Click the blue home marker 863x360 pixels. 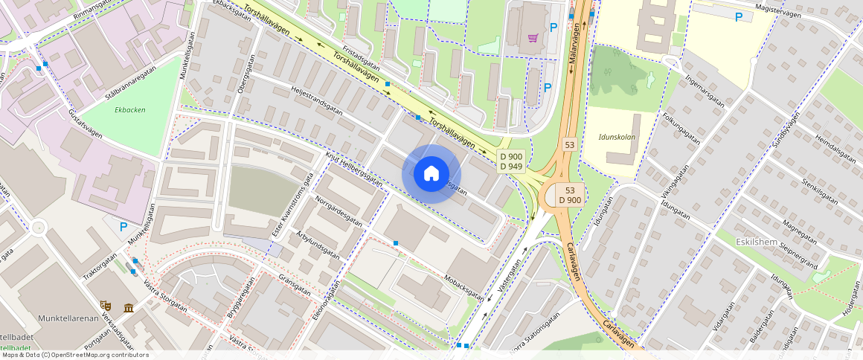tap(431, 174)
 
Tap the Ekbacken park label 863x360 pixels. tap(130, 110)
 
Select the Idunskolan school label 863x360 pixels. tap(617, 138)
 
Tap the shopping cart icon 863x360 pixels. tap(533, 37)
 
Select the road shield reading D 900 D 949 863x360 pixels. tap(512, 161)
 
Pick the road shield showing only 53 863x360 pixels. tap(570, 144)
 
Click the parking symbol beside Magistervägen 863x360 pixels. tap(738, 17)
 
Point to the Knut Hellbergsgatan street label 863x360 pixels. tap(353, 170)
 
